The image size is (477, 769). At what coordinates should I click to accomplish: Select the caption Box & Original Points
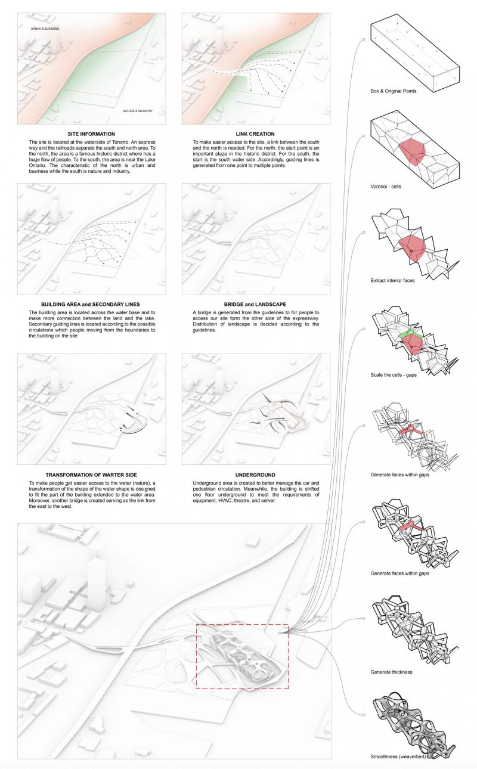[x=394, y=92]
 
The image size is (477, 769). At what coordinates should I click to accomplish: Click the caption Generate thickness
[x=391, y=672]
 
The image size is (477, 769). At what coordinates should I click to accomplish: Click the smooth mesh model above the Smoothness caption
[x=411, y=724]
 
